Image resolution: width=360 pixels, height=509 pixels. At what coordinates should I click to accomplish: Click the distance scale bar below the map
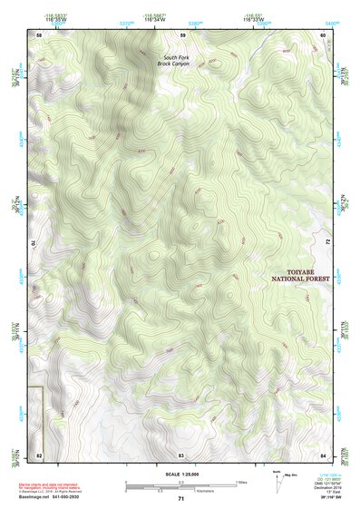point(181,484)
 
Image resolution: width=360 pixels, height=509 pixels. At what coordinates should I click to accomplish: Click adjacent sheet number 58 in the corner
point(38,34)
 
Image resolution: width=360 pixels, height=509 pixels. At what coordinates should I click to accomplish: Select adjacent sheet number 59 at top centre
point(181,34)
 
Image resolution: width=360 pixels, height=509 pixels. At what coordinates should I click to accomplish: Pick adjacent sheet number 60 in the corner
point(323,34)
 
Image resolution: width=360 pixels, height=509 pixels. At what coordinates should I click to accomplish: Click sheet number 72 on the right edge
point(326,243)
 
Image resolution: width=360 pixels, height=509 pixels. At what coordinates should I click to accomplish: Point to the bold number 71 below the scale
point(180,499)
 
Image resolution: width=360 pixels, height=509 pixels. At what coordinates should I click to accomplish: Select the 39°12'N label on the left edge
point(15,202)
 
